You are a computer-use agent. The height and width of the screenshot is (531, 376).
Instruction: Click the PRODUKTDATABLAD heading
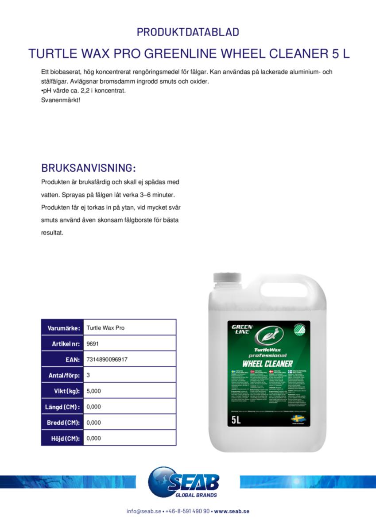188,32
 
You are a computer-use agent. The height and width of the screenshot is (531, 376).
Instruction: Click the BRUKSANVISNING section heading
88,168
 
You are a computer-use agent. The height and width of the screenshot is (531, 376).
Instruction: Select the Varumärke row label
64,328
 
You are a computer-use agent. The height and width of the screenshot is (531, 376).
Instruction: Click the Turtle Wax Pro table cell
105,328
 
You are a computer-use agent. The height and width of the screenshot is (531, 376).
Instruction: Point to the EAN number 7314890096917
107,360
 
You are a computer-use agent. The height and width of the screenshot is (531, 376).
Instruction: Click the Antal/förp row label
64,376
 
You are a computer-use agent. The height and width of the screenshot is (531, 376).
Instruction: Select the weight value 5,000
94,391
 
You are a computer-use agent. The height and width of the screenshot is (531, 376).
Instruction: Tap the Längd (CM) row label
63,407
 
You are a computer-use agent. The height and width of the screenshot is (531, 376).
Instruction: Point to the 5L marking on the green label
236,419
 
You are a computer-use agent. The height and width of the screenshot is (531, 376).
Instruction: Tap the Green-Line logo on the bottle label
242,329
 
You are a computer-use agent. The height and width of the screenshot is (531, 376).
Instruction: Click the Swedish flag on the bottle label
296,418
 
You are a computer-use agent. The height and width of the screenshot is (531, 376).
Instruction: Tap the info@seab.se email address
143,511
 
